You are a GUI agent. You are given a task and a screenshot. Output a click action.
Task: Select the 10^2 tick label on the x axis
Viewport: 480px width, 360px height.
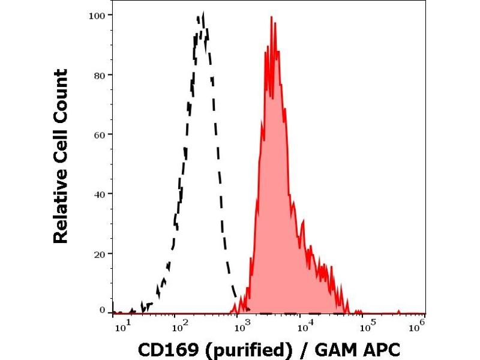[x=181, y=325]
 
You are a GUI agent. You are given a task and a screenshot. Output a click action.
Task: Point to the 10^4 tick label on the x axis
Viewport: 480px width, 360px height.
[x=304, y=325]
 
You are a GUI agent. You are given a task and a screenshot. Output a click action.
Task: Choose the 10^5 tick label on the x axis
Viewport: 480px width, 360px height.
[x=365, y=325]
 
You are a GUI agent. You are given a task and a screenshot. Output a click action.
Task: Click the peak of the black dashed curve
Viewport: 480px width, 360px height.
[x=203, y=14]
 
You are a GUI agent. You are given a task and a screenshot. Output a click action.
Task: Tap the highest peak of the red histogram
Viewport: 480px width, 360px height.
[x=272, y=18]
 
